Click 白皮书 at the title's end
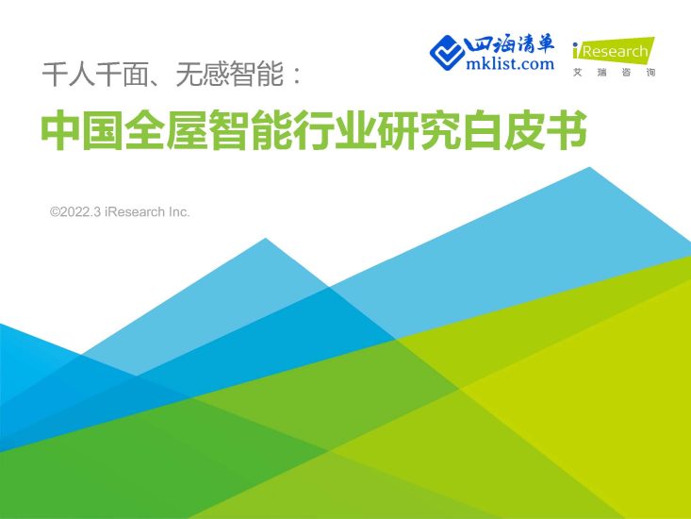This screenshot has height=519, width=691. (541, 133)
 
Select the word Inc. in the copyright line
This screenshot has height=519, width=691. (178, 212)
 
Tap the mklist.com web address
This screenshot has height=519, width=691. (510, 64)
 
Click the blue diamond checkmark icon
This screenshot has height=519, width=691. (448, 52)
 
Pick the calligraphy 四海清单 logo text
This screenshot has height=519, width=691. (511, 44)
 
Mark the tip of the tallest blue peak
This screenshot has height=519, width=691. (590, 168)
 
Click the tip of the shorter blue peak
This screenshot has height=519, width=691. (266, 239)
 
